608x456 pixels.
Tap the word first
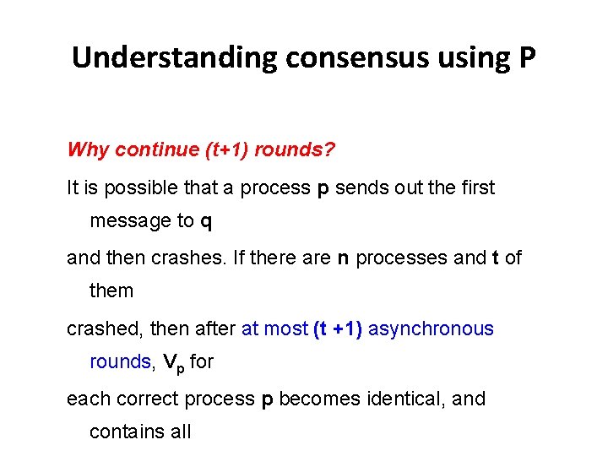pos(476,187)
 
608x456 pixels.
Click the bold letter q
pos(207,223)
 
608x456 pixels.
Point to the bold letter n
pos(343,258)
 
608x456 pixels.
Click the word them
pos(111,291)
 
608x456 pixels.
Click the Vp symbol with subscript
pos(171,363)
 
